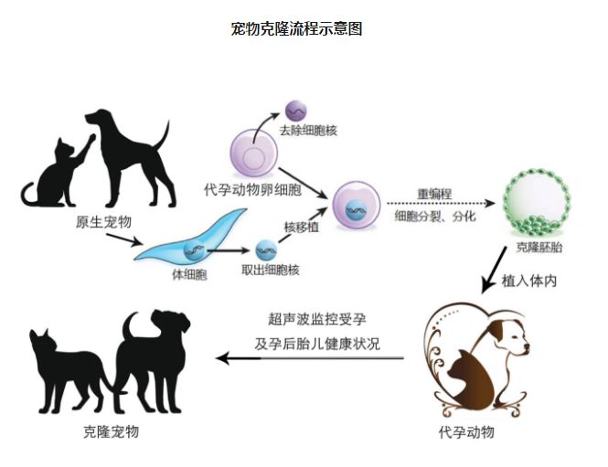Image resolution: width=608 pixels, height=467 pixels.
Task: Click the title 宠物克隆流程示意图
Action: pyautogui.click(x=296, y=29)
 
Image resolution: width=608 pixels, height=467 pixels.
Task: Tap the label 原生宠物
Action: pyautogui.click(x=103, y=222)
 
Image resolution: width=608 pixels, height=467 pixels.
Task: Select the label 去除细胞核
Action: pyautogui.click(x=308, y=131)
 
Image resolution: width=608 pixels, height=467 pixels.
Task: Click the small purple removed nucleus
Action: pyautogui.click(x=296, y=111)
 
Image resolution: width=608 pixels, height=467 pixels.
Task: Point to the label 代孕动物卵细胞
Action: pyautogui.click(x=253, y=190)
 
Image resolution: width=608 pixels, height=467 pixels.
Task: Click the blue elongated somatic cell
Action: pyautogui.click(x=191, y=237)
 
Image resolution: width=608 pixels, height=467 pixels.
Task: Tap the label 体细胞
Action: pyautogui.click(x=189, y=275)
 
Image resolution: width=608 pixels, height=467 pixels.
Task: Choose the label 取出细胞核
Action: pyautogui.click(x=271, y=271)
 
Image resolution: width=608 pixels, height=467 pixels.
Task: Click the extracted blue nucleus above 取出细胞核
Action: pyautogui.click(x=266, y=250)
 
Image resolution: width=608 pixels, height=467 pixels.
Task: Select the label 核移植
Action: pyautogui.click(x=302, y=227)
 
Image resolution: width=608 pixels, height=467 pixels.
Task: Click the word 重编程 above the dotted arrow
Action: pyautogui.click(x=434, y=194)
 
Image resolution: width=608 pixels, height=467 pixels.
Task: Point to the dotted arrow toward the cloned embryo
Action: pyautogui.click(x=441, y=204)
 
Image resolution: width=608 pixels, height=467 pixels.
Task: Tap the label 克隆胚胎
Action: pyautogui.click(x=539, y=248)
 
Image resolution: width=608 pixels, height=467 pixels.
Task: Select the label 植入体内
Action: pyautogui.click(x=529, y=281)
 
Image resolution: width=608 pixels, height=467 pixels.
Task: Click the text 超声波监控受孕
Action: pyautogui.click(x=317, y=319)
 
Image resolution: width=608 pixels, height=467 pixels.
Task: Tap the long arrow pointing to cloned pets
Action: pyautogui.click(x=310, y=357)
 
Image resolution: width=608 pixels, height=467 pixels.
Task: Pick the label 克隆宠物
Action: pyautogui.click(x=112, y=431)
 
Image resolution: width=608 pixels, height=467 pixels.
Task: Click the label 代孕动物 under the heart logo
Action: pyautogui.click(x=466, y=432)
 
